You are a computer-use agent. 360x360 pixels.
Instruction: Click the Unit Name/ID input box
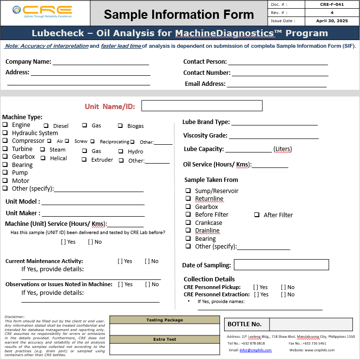[202, 106]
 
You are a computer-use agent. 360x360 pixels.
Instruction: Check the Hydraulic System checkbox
[5, 133]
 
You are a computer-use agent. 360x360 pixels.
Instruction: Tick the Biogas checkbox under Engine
[120, 126]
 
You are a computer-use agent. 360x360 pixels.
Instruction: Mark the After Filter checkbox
[257, 215]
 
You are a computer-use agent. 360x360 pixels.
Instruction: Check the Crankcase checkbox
[188, 222]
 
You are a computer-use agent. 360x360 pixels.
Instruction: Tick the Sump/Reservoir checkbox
[188, 191]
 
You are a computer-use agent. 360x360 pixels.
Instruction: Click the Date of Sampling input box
[281, 264]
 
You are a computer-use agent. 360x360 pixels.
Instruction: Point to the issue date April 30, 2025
[331, 21]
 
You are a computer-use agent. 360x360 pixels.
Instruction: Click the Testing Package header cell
[165, 320]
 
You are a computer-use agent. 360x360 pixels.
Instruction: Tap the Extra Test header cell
[165, 339]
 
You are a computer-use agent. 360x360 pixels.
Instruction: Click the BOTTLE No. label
[245, 324]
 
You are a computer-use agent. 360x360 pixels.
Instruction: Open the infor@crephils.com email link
[256, 350]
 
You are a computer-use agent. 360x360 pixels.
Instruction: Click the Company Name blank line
[101, 62]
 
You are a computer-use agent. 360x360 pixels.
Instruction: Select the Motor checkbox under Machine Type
[5, 180]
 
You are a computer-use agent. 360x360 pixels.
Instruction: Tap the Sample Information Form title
[179, 14]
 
